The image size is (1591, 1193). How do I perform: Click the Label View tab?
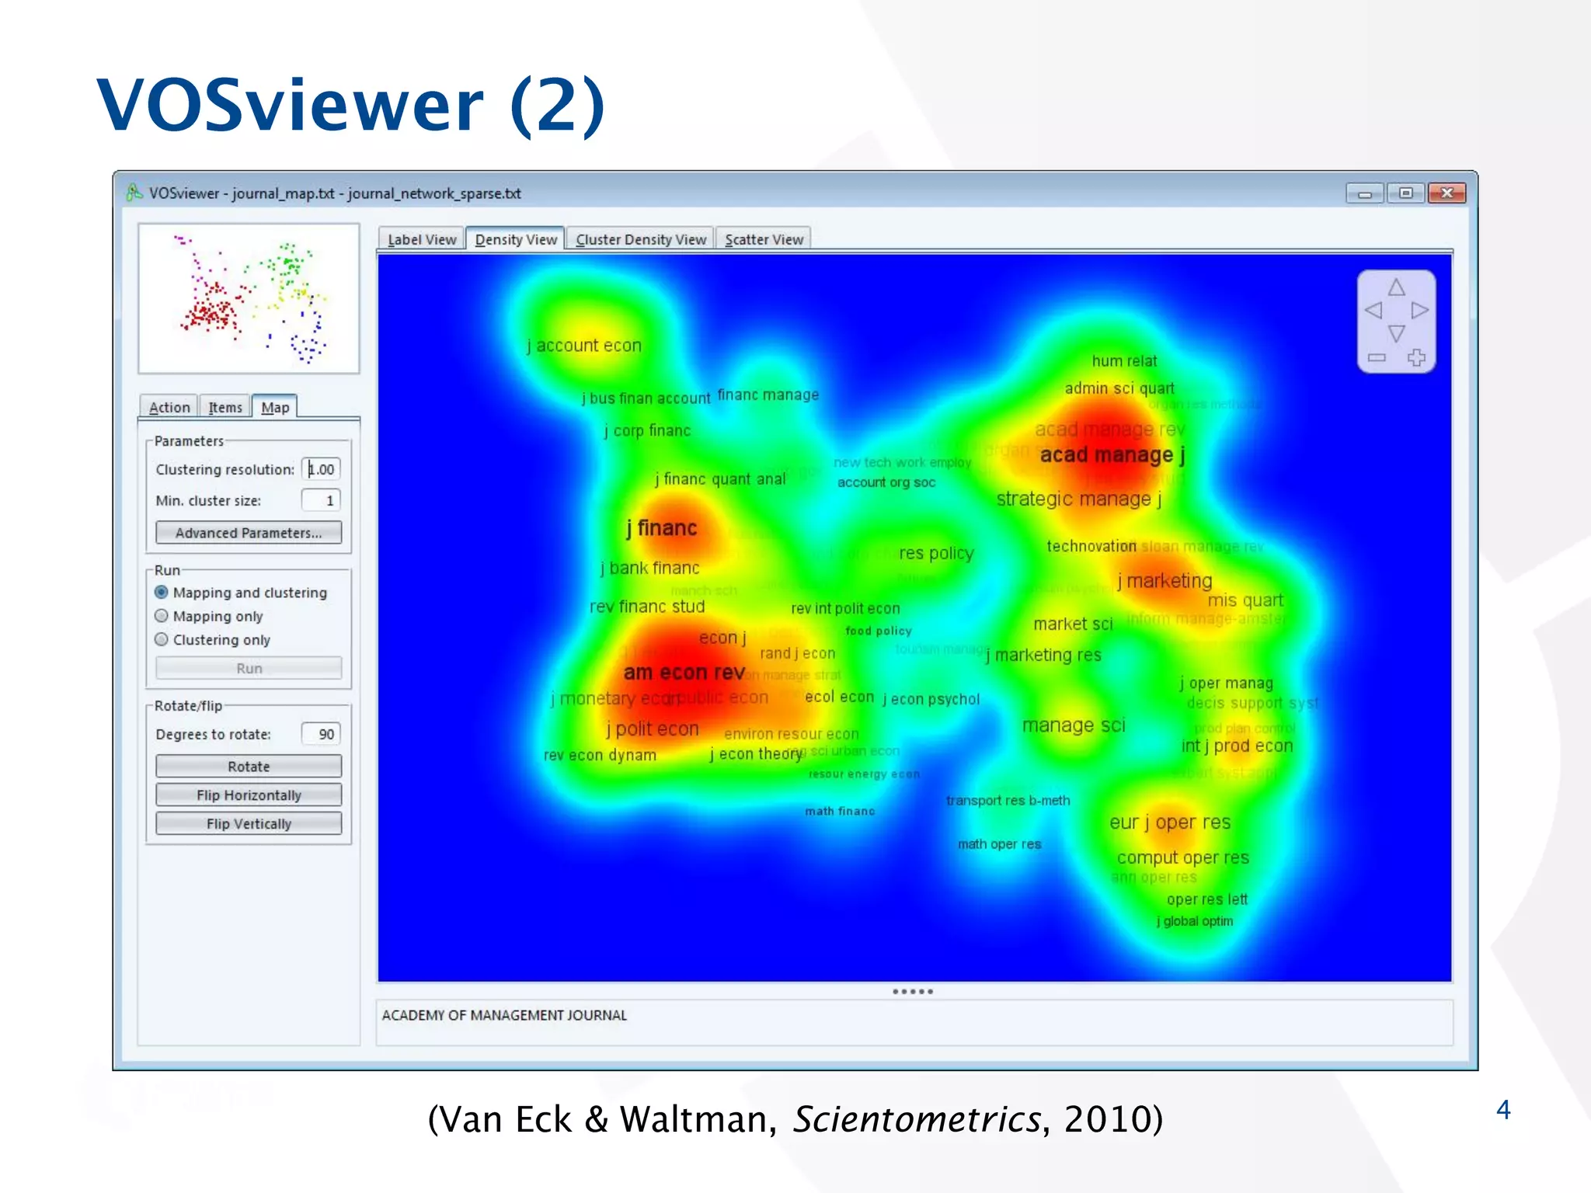coord(422,240)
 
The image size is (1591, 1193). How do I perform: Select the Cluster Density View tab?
coord(641,240)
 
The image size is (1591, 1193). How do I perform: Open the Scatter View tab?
coord(764,240)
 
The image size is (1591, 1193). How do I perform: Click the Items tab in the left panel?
coord(225,408)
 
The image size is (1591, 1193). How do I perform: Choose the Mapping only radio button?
coord(162,616)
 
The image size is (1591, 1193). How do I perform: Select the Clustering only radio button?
coord(162,640)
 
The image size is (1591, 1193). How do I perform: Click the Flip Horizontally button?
coord(249,795)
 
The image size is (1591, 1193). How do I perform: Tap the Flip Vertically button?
coord(249,824)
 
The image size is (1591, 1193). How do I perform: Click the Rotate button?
coord(249,767)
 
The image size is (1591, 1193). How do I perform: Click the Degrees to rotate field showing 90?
coord(321,735)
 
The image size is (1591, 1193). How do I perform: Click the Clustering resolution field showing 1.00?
coord(322,470)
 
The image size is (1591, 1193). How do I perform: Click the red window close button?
coord(1447,193)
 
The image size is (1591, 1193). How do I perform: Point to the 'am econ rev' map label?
coord(684,673)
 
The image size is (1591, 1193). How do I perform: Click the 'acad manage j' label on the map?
coord(1112,455)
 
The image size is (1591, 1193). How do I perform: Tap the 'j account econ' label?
coord(584,346)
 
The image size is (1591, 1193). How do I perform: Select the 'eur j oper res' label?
coord(1169,823)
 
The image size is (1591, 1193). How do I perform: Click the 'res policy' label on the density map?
coord(935,554)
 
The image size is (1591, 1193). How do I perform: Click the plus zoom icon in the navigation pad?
coord(1416,358)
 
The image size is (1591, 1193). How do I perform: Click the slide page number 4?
coord(1503,1110)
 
